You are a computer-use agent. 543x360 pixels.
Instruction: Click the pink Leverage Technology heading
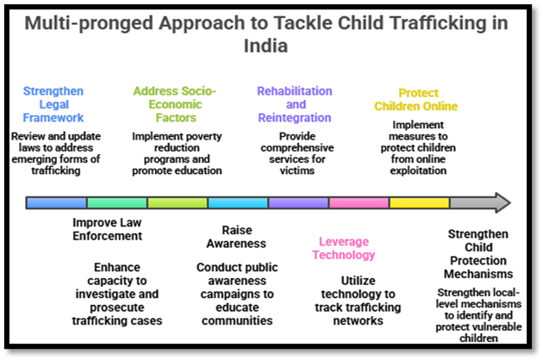pos(343,248)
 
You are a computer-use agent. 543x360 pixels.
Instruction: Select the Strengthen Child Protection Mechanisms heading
pos(480,255)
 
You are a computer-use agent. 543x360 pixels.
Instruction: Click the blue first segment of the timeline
pos(56,203)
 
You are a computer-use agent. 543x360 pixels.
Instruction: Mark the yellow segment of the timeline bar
pos(419,203)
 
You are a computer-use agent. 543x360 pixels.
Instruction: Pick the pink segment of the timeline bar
pos(359,203)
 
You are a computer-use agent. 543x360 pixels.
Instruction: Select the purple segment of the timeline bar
pos(298,203)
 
